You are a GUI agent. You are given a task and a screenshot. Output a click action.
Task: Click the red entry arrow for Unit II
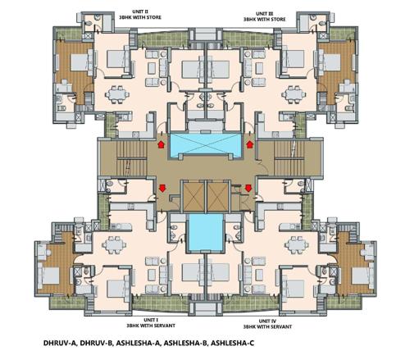tap(161, 144)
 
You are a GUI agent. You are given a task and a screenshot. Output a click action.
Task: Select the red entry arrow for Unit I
tap(162, 189)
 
